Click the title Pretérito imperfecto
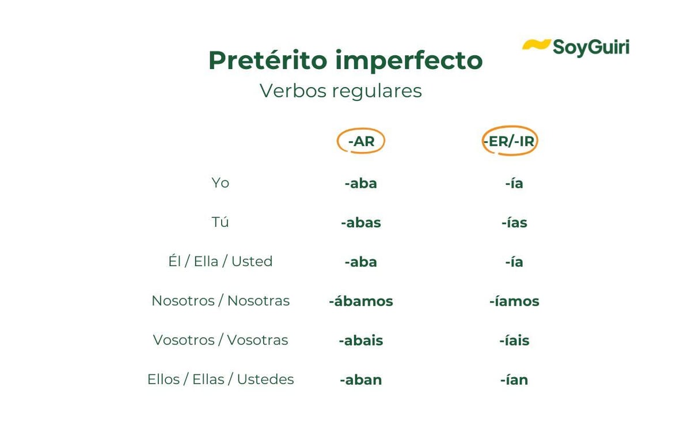click(x=345, y=60)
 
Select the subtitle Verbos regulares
click(x=340, y=91)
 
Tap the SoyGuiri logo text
click(x=591, y=48)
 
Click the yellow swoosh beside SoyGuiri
click(x=536, y=44)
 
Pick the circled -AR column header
click(x=361, y=141)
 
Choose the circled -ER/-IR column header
click(x=510, y=141)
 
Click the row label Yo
click(x=220, y=183)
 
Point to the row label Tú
click(x=220, y=222)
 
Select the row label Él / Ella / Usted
click(x=220, y=261)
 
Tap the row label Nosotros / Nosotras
click(x=221, y=301)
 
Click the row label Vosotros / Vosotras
click(x=221, y=340)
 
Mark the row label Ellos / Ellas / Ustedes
click(x=221, y=380)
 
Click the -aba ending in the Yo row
click(x=361, y=184)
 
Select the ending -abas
click(x=361, y=223)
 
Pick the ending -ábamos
click(x=361, y=301)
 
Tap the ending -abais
click(x=361, y=340)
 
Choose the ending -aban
click(x=361, y=380)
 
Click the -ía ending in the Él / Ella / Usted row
click(x=514, y=262)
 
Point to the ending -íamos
click(x=514, y=301)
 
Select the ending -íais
click(x=514, y=340)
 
